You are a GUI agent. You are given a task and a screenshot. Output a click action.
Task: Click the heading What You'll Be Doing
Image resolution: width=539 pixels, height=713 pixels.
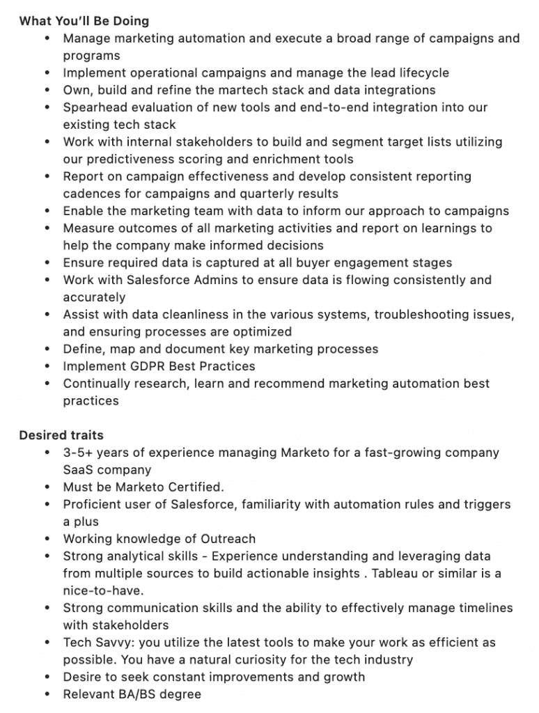click(x=84, y=21)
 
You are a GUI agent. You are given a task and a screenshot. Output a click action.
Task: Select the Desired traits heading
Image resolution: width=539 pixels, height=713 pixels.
click(x=61, y=435)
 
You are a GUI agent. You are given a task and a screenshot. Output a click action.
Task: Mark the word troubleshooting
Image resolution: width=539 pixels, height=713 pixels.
click(x=423, y=315)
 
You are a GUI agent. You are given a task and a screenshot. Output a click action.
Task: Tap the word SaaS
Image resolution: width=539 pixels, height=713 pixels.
click(x=78, y=470)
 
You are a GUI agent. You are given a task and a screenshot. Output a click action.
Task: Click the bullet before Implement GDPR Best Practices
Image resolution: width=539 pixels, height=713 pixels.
click(x=47, y=366)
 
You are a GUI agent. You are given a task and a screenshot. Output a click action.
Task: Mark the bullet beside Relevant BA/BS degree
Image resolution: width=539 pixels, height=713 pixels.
click(x=47, y=694)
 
